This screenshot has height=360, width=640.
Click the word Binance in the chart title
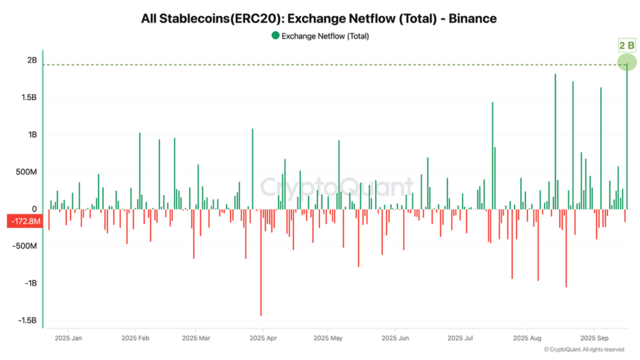point(472,18)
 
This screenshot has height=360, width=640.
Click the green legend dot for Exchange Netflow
point(275,35)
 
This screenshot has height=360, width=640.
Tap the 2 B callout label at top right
point(626,46)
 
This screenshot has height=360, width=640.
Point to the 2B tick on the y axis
point(32,60)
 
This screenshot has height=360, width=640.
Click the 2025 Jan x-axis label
point(68,338)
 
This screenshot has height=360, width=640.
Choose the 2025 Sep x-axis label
point(593,338)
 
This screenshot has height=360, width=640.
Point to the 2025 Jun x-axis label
point(395,338)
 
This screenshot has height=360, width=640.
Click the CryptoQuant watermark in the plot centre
point(337,187)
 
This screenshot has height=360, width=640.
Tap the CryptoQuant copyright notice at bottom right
point(583,349)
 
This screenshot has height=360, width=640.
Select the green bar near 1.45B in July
point(492,155)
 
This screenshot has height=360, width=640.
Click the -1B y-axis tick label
point(31,283)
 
